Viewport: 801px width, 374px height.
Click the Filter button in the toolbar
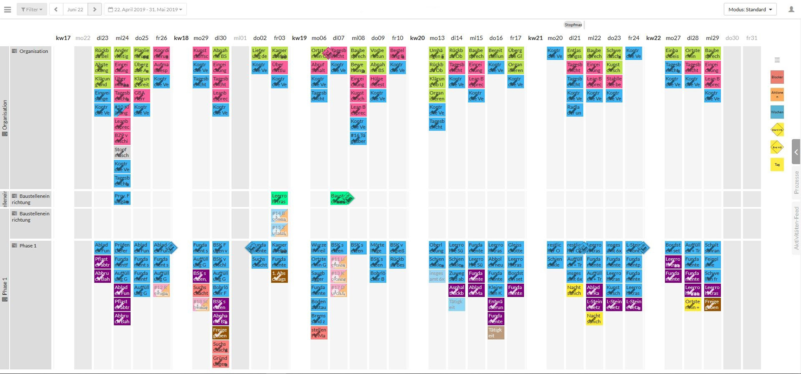click(32, 9)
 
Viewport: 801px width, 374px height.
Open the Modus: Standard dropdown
click(750, 9)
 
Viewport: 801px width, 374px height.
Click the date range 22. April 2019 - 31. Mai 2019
click(145, 9)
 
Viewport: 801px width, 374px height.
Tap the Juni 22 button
click(75, 9)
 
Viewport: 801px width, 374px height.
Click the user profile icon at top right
click(791, 9)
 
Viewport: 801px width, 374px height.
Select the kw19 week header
click(299, 38)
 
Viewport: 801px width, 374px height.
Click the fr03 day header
click(279, 38)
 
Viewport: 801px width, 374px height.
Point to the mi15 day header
click(476, 38)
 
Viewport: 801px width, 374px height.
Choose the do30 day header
click(732, 38)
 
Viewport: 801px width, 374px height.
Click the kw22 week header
click(653, 38)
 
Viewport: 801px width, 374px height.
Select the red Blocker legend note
click(777, 77)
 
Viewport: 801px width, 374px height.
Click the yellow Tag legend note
click(777, 165)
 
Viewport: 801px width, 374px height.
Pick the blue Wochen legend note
click(777, 112)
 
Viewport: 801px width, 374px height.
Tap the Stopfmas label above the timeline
click(573, 25)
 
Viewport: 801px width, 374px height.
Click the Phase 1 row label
click(28, 246)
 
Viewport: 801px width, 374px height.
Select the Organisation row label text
click(33, 51)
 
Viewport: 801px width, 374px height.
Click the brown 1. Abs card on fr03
click(279, 276)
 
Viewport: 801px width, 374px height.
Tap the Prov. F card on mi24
click(122, 198)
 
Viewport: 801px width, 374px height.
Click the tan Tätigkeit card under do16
click(496, 332)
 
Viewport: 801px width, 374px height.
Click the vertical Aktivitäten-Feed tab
click(796, 228)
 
